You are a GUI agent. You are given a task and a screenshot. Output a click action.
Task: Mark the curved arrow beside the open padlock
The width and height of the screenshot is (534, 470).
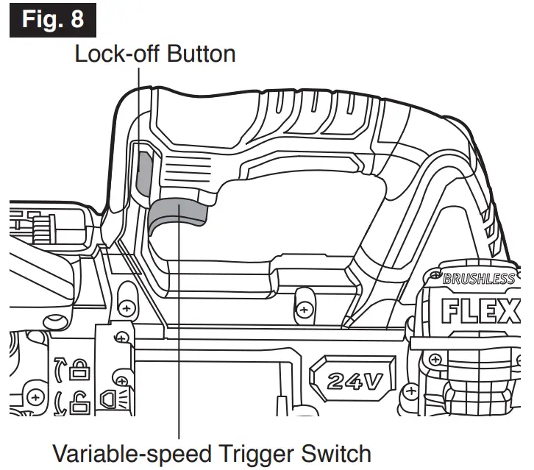click(58, 402)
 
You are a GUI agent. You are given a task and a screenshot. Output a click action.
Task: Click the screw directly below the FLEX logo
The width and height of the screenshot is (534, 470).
click(435, 360)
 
